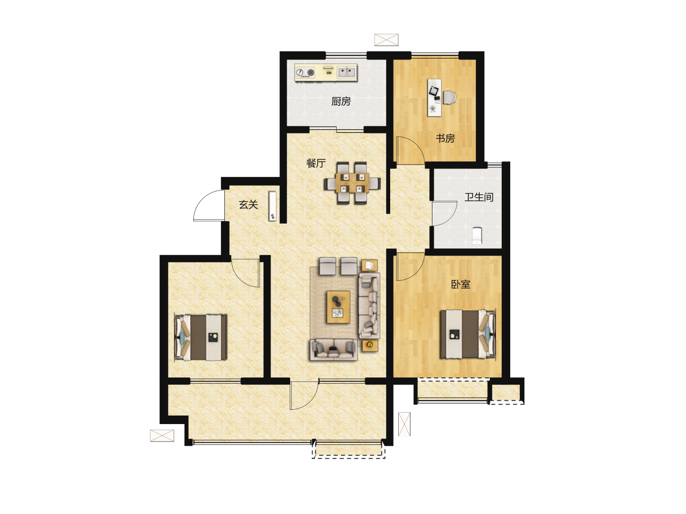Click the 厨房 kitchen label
341,101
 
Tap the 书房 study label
445,138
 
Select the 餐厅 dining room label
316,163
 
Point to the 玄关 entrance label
248,205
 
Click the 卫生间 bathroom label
479,197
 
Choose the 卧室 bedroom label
461,284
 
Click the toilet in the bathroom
476,236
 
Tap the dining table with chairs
352,183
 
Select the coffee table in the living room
338,307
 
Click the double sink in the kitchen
347,72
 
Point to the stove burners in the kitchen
305,73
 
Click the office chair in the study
449,98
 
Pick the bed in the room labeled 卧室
467,334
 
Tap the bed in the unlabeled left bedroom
201,337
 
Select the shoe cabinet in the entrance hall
272,206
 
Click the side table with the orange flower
370,346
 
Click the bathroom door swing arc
450,218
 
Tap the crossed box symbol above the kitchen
386,40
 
